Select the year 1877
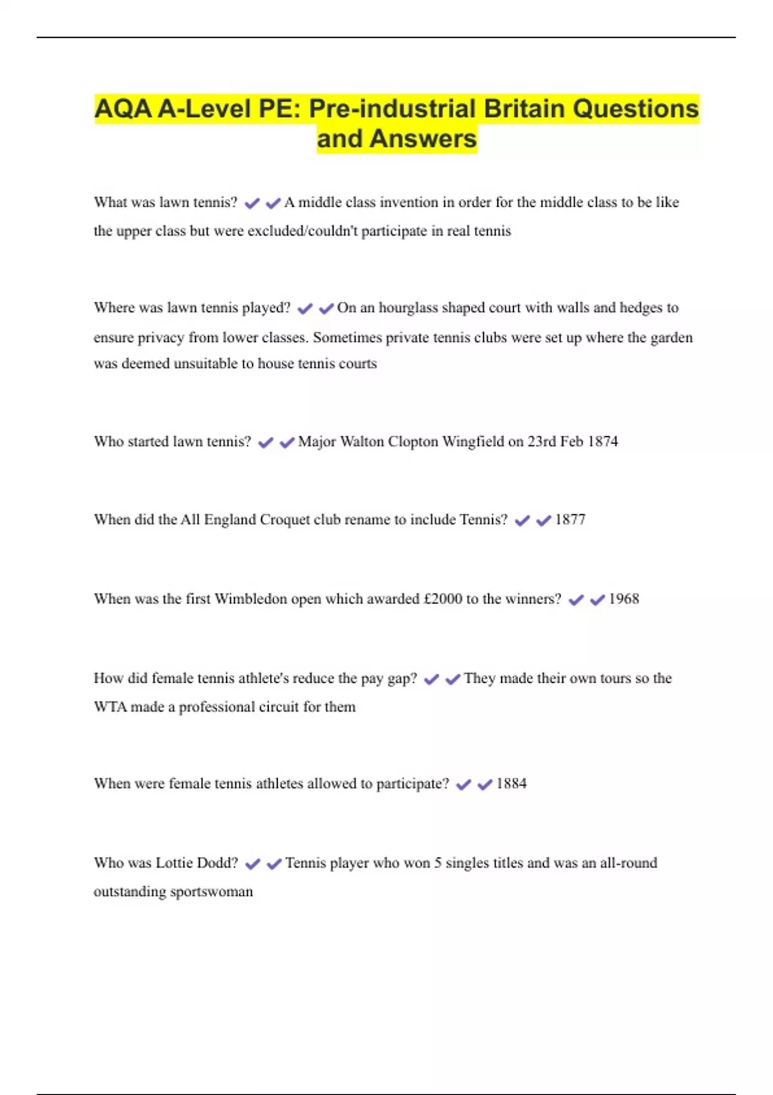pos(570,520)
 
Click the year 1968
pos(624,599)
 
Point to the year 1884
pos(511,784)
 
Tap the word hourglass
pos(408,308)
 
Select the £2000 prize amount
pos(443,599)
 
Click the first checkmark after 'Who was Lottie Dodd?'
pos(253,864)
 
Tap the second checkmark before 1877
pos(544,520)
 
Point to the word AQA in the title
pos(123,109)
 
